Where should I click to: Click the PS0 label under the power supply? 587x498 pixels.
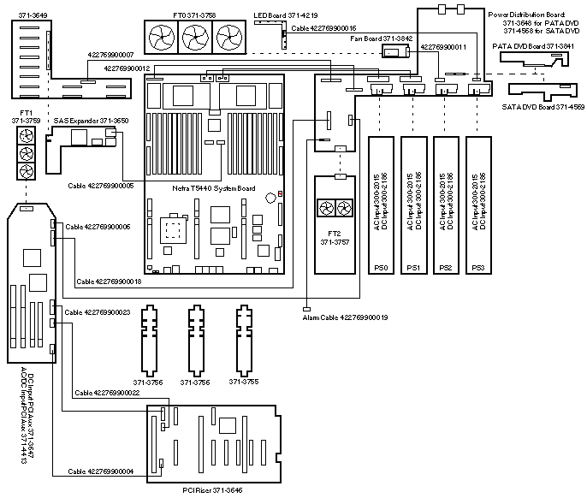tap(382, 268)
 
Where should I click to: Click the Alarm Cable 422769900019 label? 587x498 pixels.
tap(345, 317)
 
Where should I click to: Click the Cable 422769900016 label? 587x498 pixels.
tap(323, 27)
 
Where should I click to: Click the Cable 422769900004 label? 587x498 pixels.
tap(99, 471)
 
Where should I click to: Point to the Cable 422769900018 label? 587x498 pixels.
tap(109, 281)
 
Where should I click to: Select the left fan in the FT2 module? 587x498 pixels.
tap(325, 207)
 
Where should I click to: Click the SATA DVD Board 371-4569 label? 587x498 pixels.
tap(543, 105)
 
